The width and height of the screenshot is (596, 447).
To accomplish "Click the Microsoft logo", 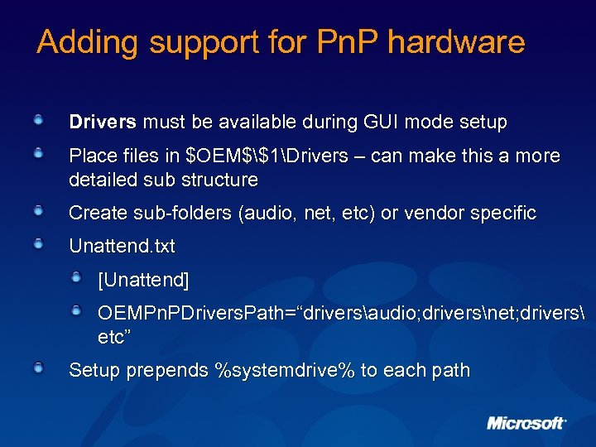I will pyautogui.click(x=526, y=423).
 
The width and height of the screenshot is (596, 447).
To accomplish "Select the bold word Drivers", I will pyautogui.click(x=103, y=123).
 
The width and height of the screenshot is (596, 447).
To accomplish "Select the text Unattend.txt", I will pyautogui.click(x=122, y=246).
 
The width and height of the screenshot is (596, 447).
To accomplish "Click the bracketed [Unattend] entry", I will pyautogui.click(x=143, y=280).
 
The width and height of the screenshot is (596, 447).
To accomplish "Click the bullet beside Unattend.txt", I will pyautogui.click(x=39, y=243).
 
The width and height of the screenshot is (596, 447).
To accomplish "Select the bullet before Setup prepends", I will pyautogui.click(x=39, y=368).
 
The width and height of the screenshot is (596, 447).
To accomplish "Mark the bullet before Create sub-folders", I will pyautogui.click(x=39, y=210).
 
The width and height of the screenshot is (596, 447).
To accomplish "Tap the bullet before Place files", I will pyautogui.click(x=39, y=153).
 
